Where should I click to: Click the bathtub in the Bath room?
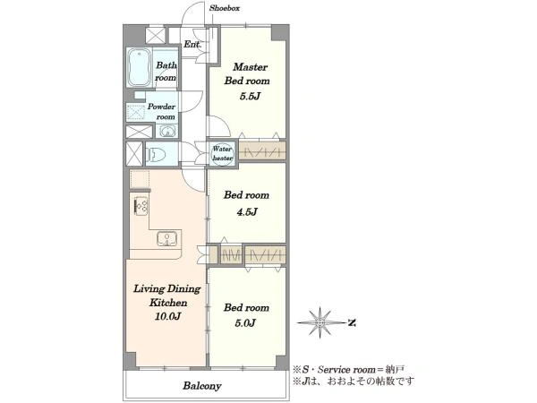139,67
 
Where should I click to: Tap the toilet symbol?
156,154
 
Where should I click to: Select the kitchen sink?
166,238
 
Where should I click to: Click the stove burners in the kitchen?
141,206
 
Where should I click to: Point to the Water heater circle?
222,153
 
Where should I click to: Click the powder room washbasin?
167,131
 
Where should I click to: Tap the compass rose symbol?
320,322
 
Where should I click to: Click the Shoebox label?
225,8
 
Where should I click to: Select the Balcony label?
202,386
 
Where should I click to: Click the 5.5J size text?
250,97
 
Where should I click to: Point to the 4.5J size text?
247,212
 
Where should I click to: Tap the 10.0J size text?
167,316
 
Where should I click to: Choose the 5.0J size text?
245,322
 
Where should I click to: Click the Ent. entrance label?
192,44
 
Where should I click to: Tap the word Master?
250,67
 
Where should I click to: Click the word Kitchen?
168,303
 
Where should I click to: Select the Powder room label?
161,112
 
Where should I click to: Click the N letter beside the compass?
352,322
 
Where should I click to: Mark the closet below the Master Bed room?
262,150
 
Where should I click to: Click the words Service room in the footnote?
346,370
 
